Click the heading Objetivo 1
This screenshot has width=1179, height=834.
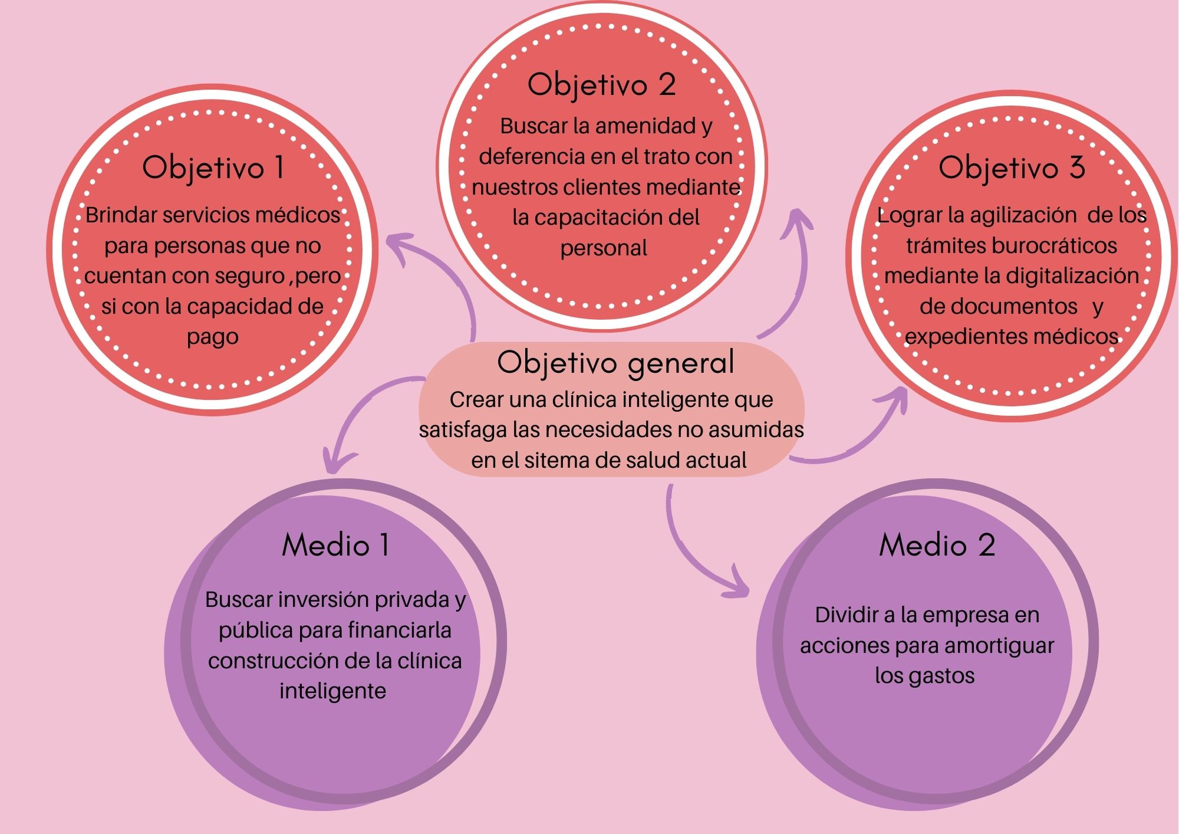point(213,168)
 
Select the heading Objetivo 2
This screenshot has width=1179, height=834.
point(601,85)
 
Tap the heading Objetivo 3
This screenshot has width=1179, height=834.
point(1012,168)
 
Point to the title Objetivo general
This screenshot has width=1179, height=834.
point(616,363)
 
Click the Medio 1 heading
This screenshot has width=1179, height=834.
point(335,545)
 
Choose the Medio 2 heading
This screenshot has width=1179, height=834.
point(937,545)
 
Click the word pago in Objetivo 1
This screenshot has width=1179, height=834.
point(213,337)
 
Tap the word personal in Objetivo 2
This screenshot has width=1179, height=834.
point(604,248)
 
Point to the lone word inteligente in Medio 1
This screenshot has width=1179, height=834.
point(332,691)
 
